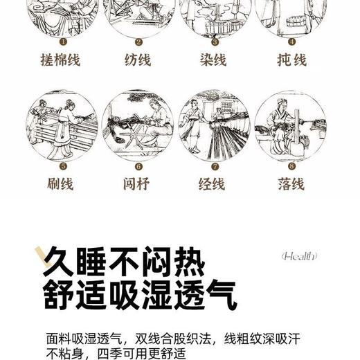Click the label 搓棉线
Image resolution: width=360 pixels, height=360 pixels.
pyautogui.click(x=60, y=60)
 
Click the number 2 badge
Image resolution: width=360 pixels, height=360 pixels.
pyautogui.click(x=138, y=42)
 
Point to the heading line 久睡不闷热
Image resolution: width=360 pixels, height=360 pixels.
pyautogui.click(x=125, y=262)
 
